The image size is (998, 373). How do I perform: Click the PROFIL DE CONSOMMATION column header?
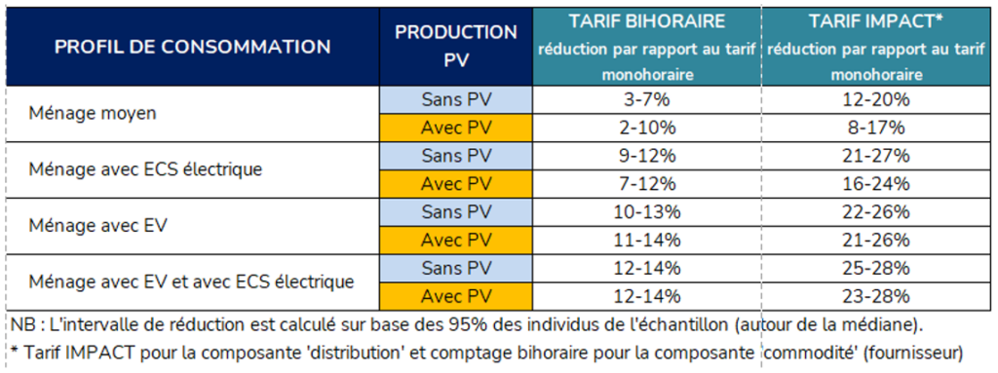coord(192,47)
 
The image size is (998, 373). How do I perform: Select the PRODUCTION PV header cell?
coord(455,46)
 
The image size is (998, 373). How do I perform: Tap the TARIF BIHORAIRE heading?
coord(647,22)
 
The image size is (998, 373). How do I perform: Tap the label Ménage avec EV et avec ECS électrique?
coord(191,282)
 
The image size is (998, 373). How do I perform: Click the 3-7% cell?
coord(647,99)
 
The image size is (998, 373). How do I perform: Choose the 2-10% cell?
coord(647,128)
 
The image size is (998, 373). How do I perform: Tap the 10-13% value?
coord(647,212)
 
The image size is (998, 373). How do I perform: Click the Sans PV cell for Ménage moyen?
coord(455,99)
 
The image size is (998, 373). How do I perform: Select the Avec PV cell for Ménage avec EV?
coord(455,241)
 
